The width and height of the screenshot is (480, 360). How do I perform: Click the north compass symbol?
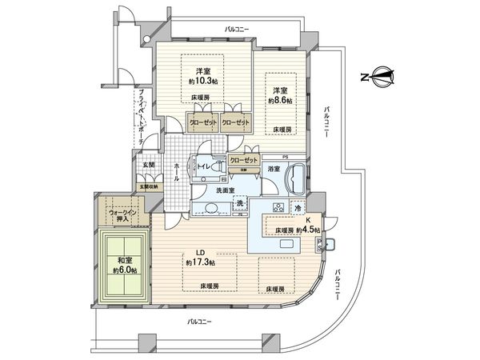tap(378, 78)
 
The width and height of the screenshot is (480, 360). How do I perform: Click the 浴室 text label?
tap(274, 169)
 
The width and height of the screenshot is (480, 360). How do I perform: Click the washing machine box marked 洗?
tap(240, 205)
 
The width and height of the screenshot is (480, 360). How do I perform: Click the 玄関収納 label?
tap(148, 186)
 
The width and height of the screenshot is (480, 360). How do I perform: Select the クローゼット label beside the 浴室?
tap(244, 160)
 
